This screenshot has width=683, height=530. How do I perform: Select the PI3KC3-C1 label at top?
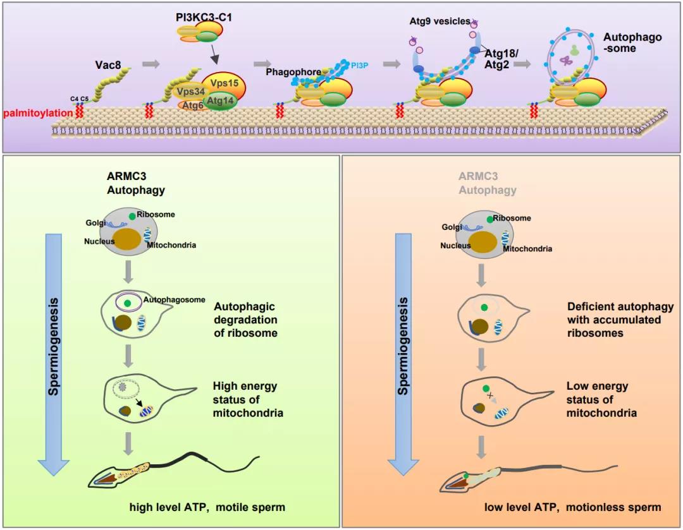pos(204,18)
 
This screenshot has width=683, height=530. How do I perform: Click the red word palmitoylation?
pos(37,114)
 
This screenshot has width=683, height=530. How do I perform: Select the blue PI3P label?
pos(359,64)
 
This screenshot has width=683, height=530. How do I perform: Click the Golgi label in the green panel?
pos(96,222)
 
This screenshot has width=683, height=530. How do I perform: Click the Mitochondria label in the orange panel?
pos(527,249)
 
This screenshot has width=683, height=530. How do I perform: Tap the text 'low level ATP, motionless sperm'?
pos(573,507)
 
